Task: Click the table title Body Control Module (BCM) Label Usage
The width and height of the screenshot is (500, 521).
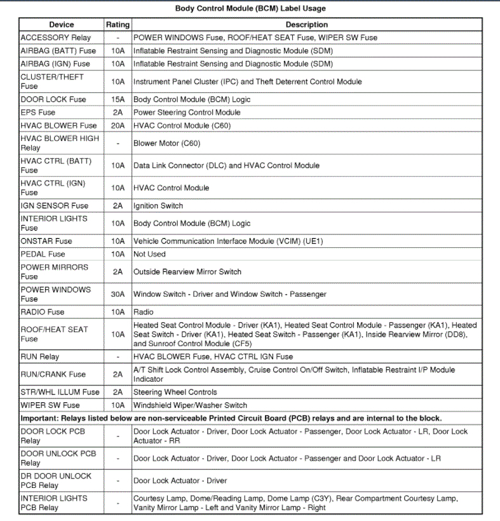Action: click(250, 9)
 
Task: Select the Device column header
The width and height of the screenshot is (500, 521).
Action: click(61, 25)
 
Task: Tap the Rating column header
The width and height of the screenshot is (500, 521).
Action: click(118, 25)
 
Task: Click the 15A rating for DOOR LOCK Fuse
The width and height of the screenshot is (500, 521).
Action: click(118, 100)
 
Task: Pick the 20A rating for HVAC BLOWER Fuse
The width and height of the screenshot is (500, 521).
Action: click(118, 126)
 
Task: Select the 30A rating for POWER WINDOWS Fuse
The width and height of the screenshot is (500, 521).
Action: click(118, 294)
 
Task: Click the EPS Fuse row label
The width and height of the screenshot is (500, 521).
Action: click(38, 112)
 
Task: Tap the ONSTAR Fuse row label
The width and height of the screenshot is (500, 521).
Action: click(46, 241)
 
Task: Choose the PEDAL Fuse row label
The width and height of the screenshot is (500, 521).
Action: click(43, 254)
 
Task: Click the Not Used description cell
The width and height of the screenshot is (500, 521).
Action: click(149, 254)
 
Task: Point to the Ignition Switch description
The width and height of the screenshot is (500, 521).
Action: click(158, 206)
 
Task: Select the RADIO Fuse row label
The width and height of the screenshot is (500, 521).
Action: click(43, 313)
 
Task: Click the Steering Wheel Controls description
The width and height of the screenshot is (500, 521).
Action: click(175, 393)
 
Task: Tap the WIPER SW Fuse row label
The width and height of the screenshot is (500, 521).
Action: click(50, 405)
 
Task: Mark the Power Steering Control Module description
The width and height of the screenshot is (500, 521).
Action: click(187, 112)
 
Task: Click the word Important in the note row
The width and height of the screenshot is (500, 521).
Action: click(39, 419)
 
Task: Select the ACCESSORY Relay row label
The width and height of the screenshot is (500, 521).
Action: click(56, 38)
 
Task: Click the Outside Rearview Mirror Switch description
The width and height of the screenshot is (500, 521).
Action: click(187, 272)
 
